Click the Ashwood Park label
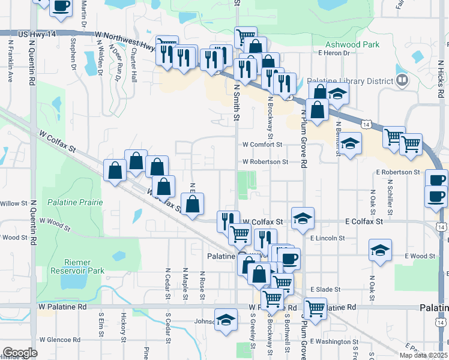coord(352,44)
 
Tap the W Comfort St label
coord(262,145)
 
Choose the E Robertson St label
coord(399,172)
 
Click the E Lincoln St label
coord(327,238)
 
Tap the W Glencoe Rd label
coord(60,340)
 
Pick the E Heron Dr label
coord(334,53)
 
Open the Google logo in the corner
coord(20,352)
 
